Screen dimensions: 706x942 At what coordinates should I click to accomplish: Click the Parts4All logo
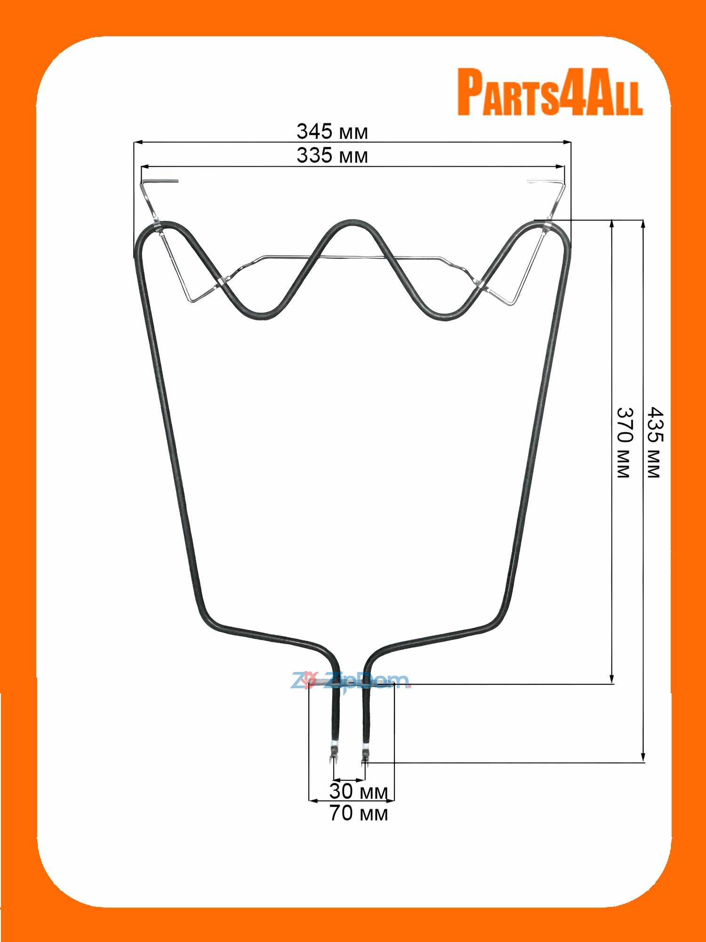tap(550, 92)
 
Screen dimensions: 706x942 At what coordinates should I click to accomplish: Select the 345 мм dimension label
tap(332, 132)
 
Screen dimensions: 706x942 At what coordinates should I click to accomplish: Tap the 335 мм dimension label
tap(332, 156)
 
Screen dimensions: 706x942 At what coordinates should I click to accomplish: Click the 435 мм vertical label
tap(655, 443)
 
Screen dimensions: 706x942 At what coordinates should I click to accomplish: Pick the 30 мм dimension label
tap(359, 791)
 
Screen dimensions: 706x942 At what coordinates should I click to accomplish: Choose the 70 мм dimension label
tap(359, 813)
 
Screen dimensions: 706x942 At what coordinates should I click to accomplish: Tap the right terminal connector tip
tap(365, 759)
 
